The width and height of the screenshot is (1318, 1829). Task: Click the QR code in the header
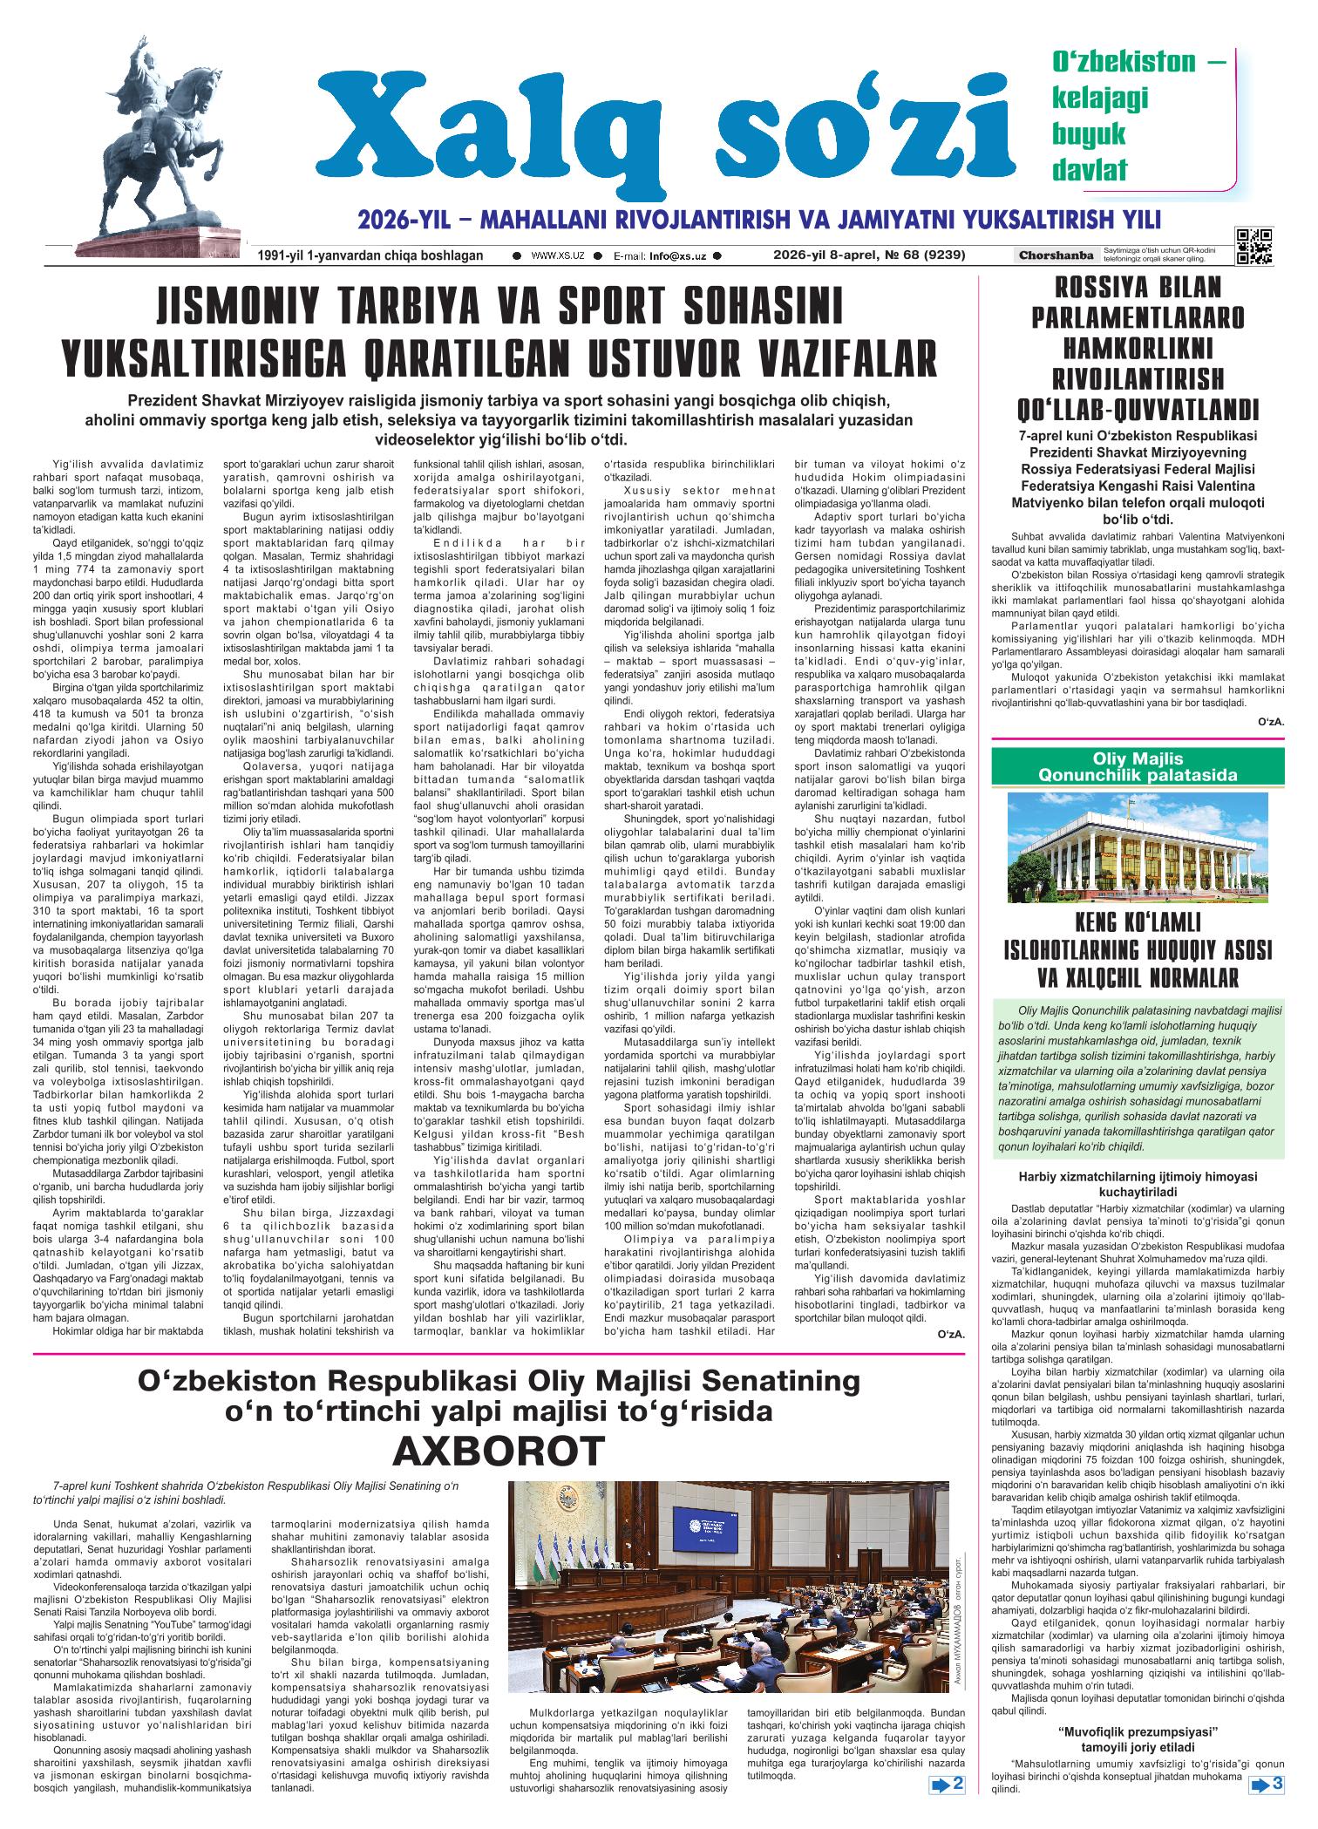tap(1253, 247)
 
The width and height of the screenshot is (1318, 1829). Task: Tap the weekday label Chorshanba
tap(1056, 255)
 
